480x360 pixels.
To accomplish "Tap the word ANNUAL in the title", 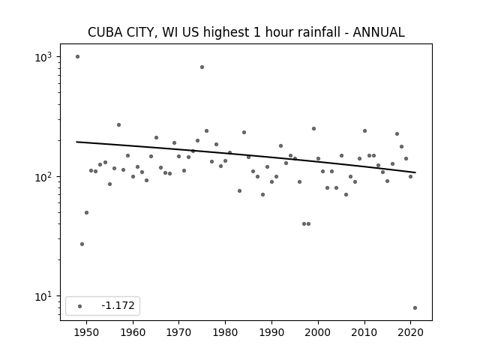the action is tap(379, 32).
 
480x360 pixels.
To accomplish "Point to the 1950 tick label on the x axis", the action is tap(87, 332).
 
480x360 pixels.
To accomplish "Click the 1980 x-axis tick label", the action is tap(225, 332).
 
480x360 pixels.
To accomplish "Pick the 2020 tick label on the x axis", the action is tap(411, 332).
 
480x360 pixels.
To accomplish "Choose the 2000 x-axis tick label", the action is tap(318, 332).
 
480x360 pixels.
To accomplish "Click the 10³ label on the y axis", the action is tap(43, 57).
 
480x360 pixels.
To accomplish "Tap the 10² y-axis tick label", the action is tap(43, 177).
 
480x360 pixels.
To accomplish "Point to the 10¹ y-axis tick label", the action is tap(43, 297).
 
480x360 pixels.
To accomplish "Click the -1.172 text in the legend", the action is tap(118, 305).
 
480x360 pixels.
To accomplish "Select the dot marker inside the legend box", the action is tap(80, 306).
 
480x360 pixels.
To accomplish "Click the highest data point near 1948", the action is tap(77, 57).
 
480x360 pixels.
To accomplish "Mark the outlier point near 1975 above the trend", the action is tap(202, 67).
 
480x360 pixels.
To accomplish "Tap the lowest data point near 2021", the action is tap(415, 308).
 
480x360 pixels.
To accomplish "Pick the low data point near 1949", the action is tap(82, 244).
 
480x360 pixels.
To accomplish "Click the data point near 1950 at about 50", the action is tap(87, 212).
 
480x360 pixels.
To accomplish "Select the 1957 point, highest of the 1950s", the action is tap(118, 125).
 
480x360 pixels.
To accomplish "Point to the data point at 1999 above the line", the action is tap(313, 128).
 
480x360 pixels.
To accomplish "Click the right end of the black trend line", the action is tap(415, 172).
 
